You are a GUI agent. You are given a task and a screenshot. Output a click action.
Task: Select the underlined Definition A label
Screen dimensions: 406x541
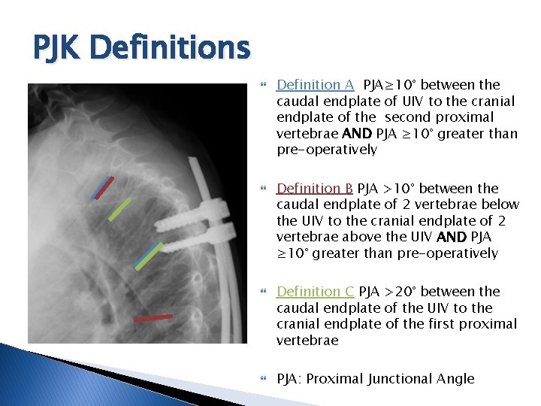(315, 85)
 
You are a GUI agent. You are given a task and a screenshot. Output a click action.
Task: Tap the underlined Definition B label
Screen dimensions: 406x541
(315, 188)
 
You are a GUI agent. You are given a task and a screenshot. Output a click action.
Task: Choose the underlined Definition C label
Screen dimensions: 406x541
(315, 291)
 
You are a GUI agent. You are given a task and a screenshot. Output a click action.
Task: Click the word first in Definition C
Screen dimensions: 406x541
(437, 324)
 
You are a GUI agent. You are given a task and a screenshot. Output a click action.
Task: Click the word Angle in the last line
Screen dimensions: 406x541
(458, 379)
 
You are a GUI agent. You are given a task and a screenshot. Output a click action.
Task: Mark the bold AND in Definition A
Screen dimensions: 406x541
(358, 134)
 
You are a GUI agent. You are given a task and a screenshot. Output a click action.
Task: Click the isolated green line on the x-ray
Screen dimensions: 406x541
(119, 209)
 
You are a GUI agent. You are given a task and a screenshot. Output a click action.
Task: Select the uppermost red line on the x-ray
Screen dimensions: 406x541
(103, 187)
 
